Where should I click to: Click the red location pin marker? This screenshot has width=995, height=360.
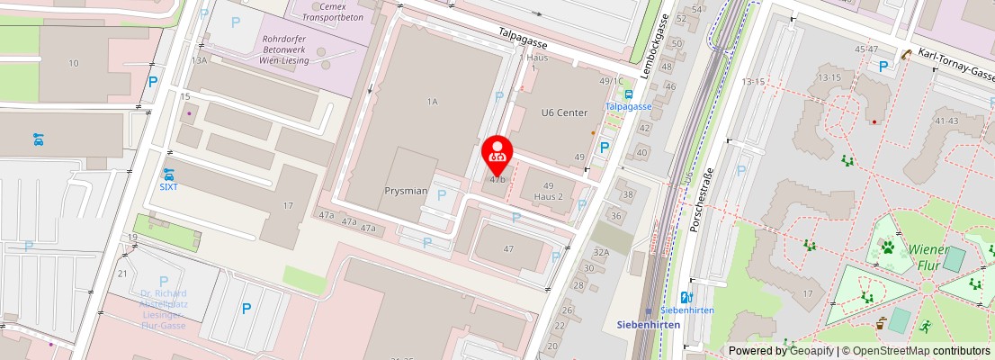497,155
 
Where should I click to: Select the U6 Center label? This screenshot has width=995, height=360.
564,112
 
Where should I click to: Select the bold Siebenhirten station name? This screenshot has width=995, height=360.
649,325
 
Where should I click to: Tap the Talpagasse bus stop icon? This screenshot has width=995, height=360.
628,94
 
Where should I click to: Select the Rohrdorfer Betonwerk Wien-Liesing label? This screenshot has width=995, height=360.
284,50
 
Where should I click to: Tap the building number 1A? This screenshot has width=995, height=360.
432,102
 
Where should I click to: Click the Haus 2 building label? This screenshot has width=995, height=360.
548,196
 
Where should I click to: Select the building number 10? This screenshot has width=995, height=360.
74,63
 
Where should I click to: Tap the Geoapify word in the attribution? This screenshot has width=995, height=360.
812,351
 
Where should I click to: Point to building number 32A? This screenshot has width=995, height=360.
601,253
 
